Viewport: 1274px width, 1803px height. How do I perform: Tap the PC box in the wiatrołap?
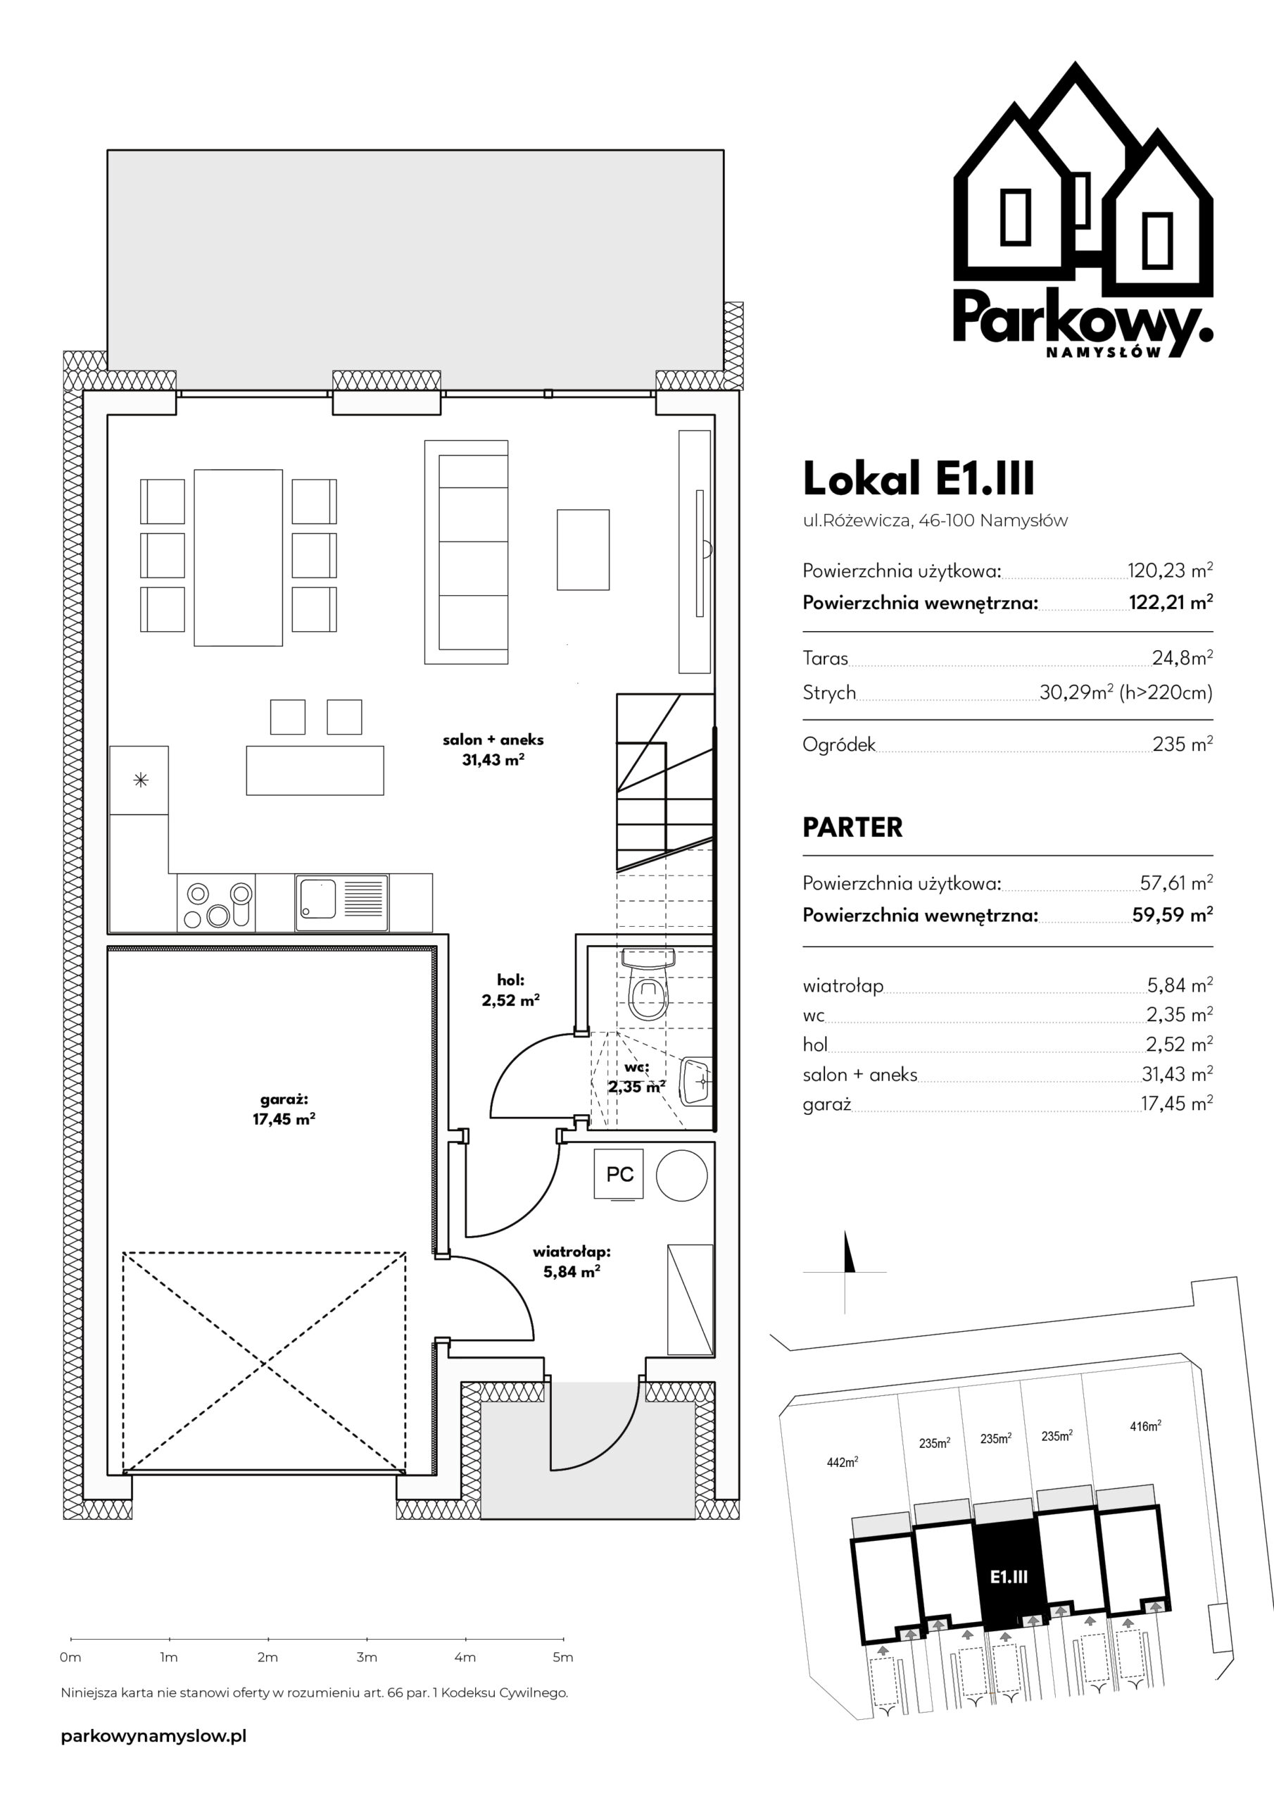tap(620, 1174)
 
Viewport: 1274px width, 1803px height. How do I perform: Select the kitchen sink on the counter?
tap(341, 903)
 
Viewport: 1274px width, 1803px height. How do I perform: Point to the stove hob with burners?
tap(217, 903)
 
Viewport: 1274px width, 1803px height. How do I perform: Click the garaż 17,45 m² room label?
tap(284, 1109)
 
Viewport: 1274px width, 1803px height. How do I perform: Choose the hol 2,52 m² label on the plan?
tap(510, 990)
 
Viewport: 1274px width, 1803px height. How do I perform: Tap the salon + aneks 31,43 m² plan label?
tap(493, 749)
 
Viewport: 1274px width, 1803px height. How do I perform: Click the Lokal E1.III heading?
tap(919, 478)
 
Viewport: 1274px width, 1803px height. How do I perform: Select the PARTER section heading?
tap(852, 827)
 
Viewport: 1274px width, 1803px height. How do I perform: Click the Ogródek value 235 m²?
tap(1182, 743)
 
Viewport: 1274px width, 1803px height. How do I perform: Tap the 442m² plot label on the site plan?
tap(843, 1461)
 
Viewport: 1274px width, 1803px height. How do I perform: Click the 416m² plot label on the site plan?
tap(1146, 1425)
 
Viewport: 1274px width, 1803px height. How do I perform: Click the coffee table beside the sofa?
tap(584, 549)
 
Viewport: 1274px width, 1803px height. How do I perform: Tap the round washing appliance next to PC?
tap(682, 1175)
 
